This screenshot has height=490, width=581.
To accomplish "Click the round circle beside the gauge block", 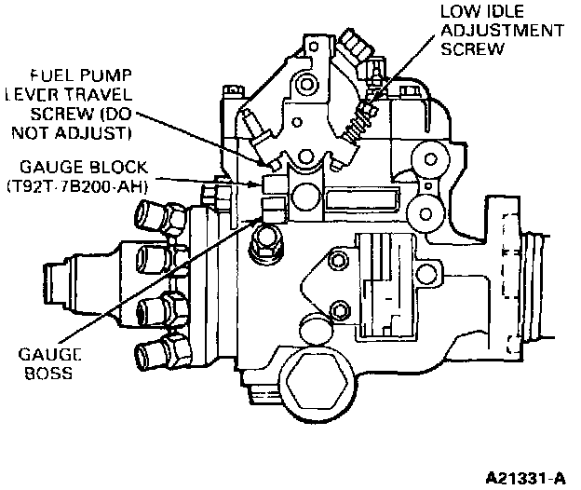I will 304,198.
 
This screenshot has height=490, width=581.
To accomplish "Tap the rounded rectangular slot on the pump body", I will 364,198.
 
